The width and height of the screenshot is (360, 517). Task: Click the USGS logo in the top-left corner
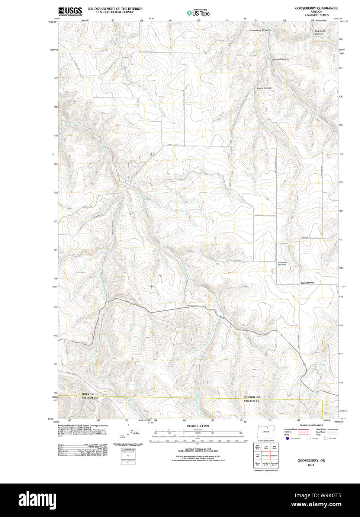(70, 11)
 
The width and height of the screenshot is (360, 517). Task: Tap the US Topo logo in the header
(198, 13)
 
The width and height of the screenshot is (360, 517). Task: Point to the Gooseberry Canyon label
(259, 30)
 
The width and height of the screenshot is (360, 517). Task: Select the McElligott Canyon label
(320, 32)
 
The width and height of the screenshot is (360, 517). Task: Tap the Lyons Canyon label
(264, 88)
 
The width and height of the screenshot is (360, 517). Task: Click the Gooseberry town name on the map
(307, 283)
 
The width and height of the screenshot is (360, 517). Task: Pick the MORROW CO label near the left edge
(90, 394)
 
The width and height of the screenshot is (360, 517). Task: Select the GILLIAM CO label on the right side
(252, 401)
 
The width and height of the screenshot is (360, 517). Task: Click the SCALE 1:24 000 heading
(198, 426)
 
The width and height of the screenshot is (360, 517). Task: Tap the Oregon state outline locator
(266, 431)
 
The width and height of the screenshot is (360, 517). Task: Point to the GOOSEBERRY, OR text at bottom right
(311, 460)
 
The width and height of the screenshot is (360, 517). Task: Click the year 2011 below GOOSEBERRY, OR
(311, 465)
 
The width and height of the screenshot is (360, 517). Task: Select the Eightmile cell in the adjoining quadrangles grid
(274, 456)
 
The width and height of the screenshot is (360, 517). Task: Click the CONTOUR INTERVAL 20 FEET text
(198, 449)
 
